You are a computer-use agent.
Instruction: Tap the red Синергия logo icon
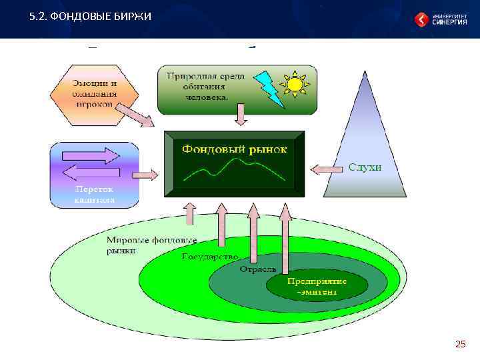pyautogui.click(x=422, y=19)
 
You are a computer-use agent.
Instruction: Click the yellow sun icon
pyautogui.click(x=294, y=85)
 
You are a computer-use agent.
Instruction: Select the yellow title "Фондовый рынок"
pyautogui.click(x=234, y=149)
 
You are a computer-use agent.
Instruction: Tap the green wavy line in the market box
pyautogui.click(x=235, y=171)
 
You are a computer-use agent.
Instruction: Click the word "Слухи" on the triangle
pyautogui.click(x=365, y=167)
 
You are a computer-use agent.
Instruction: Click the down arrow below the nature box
pyautogui.click(x=241, y=115)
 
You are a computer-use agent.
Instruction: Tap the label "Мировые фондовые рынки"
pyautogui.click(x=151, y=245)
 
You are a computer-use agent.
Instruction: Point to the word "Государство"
pyautogui.click(x=211, y=256)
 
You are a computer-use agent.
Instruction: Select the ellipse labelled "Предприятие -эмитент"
pyautogui.click(x=317, y=287)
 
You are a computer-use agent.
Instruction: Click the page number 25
pyautogui.click(x=460, y=343)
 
